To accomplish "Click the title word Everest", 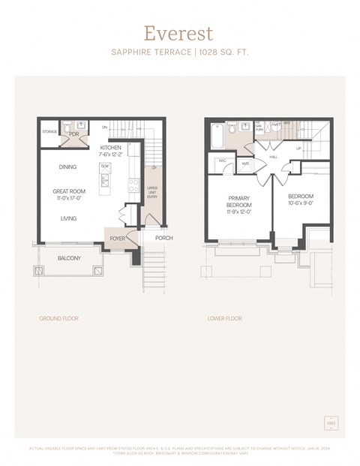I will coord(178,33).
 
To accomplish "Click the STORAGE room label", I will coord(49,132).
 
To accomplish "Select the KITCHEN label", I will coord(111,148).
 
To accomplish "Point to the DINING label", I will coord(68,167).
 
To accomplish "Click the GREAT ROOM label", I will coord(68,191).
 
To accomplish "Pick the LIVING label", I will coord(68,218).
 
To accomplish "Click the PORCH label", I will coord(163,239).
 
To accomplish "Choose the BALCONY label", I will coord(69,259).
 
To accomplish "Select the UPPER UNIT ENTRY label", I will coord(152,193).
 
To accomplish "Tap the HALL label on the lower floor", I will coord(273,157).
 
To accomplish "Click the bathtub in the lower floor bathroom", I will coord(218,136).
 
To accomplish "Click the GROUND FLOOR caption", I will coord(58,318).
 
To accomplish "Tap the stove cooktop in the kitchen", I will coord(133,184).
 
